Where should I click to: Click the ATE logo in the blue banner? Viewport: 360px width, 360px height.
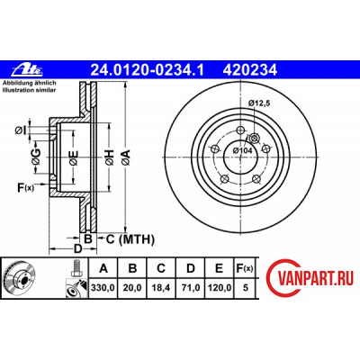click(27, 70)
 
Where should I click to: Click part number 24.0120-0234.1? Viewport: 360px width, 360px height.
click(148, 70)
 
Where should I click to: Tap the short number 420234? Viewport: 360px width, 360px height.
click(249, 70)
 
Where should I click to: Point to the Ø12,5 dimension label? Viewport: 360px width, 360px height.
click(259, 103)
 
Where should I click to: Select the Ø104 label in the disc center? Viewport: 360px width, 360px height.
click(242, 150)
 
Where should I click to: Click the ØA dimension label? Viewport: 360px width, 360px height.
click(126, 157)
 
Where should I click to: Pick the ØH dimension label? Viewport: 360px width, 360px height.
click(110, 157)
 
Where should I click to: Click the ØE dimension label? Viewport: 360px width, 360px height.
click(74, 157)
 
